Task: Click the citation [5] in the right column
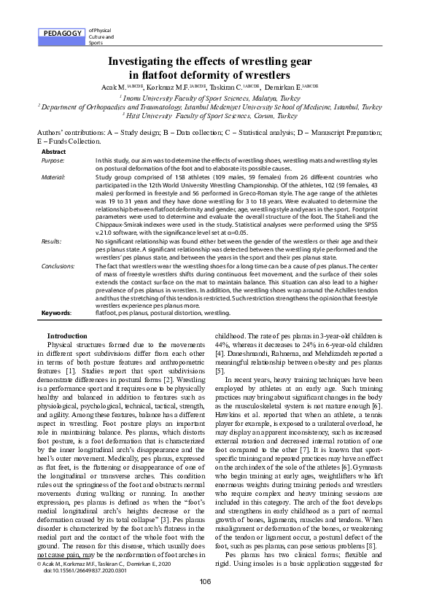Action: [x=220, y=371]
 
